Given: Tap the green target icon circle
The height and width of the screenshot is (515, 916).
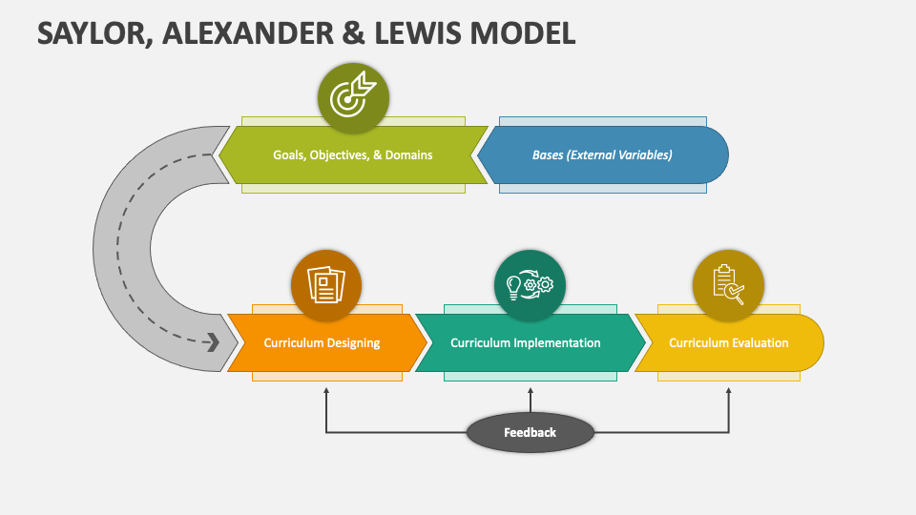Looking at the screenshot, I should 353,96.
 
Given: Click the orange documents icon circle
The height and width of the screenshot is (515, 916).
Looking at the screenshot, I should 326,284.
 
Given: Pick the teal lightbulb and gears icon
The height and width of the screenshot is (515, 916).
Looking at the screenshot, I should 530,284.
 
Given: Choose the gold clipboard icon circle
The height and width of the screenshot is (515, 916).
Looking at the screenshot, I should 728,284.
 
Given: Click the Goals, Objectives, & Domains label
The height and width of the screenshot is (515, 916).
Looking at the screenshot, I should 352,154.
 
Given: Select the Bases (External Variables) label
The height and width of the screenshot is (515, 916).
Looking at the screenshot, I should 602,154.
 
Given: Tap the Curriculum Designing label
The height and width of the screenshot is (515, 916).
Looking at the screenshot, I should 322,343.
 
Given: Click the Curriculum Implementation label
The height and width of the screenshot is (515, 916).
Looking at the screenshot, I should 526,343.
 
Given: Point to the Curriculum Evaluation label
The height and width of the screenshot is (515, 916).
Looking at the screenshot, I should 728,343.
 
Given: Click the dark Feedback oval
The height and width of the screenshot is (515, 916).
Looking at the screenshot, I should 530,433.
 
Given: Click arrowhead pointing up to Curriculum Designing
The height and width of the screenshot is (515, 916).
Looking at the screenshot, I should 326,391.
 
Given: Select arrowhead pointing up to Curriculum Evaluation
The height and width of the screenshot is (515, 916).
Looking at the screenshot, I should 729,391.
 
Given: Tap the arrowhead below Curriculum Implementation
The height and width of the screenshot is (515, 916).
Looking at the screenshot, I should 531,391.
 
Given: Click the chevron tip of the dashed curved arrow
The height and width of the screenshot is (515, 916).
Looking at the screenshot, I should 214,341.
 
